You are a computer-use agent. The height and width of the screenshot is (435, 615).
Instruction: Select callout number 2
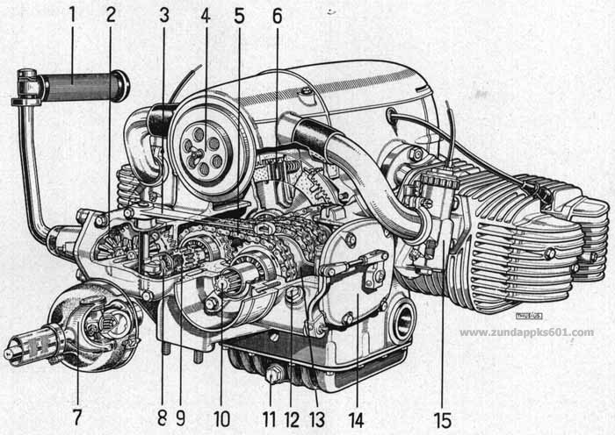(x=110, y=15)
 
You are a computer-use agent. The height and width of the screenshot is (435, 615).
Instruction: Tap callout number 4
(x=204, y=15)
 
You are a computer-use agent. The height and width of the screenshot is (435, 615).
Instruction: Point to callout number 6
(x=277, y=15)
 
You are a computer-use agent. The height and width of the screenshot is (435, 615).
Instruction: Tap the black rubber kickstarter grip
(x=83, y=86)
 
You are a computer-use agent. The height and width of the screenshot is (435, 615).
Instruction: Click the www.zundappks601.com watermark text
(x=526, y=332)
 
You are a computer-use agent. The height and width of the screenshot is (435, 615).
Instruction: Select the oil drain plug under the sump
(x=274, y=375)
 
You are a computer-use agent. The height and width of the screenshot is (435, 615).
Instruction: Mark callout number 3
(x=164, y=15)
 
